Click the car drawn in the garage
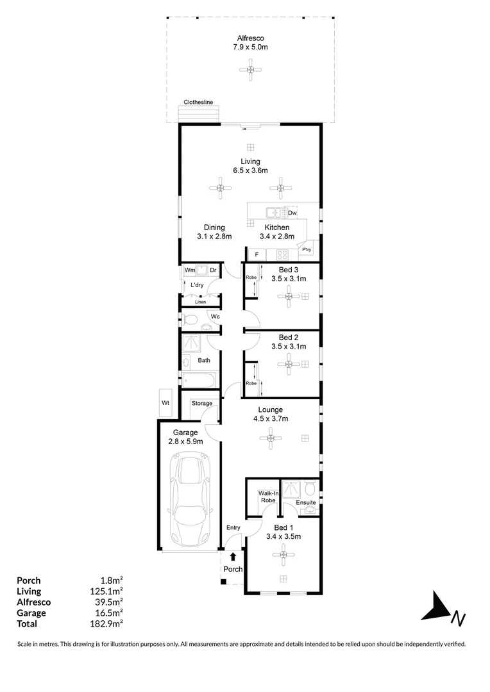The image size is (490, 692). pos(190,501)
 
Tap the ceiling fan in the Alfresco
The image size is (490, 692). pos(250,69)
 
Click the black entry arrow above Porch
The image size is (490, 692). pos(233,557)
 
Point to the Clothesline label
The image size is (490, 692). pos(198,102)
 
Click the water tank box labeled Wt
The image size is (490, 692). pos(165,402)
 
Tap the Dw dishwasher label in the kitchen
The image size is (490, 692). pos(292,213)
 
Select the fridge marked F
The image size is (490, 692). pos(257,254)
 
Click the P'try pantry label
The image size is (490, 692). pos(307,250)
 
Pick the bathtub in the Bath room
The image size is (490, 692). pos(198,380)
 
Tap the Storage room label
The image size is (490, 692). pos(202,403)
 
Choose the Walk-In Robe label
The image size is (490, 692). pos(268,497)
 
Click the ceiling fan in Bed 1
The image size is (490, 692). pos(283,555)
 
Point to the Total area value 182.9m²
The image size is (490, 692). pos(106,623)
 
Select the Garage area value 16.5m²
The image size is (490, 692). pos(108,613)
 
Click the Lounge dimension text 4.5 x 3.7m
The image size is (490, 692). pos(271,418)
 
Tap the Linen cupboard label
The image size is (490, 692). pos(201,302)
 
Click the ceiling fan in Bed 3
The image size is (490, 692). pos(289,296)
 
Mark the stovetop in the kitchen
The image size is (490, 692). pos(282,254)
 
